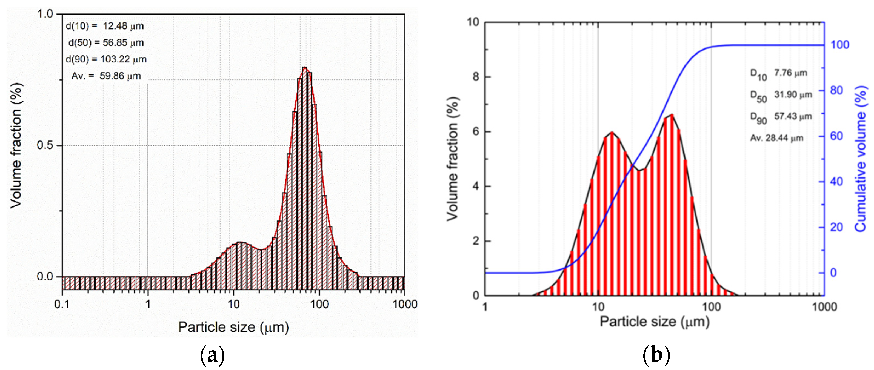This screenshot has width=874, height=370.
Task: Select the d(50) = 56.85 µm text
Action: [x=106, y=43]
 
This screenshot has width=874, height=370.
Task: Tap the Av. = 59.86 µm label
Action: [x=106, y=76]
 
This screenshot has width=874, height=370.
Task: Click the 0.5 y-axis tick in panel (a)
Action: [x=45, y=145]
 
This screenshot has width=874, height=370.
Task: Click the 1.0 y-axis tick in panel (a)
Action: [x=45, y=14]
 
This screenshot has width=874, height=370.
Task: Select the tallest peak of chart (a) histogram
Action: [x=305, y=68]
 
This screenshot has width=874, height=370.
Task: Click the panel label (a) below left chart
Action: [x=212, y=355]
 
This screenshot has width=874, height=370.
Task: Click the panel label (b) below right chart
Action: [x=656, y=355]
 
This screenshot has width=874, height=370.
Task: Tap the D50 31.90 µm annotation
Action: [x=781, y=96]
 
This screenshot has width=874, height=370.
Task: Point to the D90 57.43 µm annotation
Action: [x=781, y=117]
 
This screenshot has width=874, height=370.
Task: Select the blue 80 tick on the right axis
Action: [x=837, y=91]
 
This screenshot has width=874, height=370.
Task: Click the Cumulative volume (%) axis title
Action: [x=861, y=159]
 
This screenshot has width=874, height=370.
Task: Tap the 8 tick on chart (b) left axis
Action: [x=476, y=77]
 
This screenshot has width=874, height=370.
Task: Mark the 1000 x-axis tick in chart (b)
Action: [x=824, y=307]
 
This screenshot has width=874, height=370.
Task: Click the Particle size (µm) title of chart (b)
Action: [x=655, y=322]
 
